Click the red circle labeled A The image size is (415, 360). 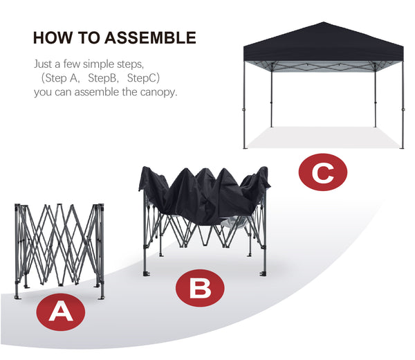tap(61, 312)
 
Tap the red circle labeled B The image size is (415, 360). tap(200, 288)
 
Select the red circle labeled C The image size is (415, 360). tap(322, 172)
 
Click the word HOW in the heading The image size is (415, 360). tap(53, 37)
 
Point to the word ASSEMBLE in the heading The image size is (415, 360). tap(150, 37)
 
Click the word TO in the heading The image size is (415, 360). tap(89, 37)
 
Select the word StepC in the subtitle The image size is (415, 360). tap(142, 78)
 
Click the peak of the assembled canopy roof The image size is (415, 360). tap(323, 22)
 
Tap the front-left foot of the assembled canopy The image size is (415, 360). tap(245, 147)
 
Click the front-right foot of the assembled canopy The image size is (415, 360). tap(402, 147)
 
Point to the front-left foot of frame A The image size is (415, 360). tap(17, 297)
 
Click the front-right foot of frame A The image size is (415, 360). tap(102, 297)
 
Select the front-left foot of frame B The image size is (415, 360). tap(145, 273)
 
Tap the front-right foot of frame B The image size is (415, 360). tap(263, 273)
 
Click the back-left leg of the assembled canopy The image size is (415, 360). tap(272, 96)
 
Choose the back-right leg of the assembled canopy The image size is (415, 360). tap(375, 96)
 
